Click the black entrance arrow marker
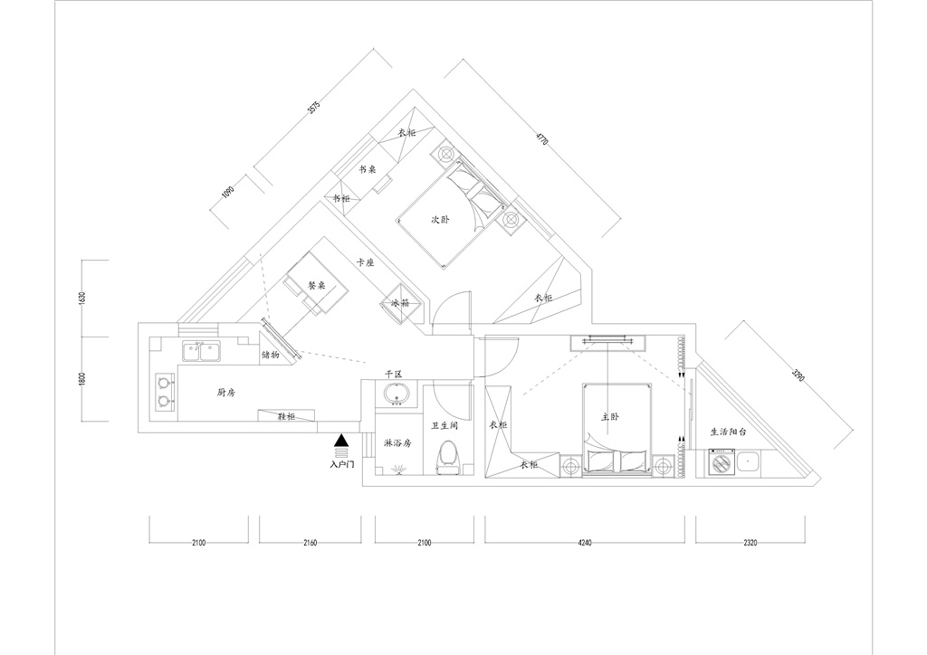click(341, 440)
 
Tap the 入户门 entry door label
click(341, 465)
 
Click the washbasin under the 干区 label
click(397, 394)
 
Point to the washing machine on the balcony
click(722, 462)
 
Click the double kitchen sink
click(201, 351)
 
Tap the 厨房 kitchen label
click(225, 392)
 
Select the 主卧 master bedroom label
click(610, 417)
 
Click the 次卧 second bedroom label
click(440, 220)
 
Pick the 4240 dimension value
click(584, 543)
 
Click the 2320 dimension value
click(750, 543)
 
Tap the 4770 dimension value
click(543, 140)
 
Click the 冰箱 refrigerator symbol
click(402, 302)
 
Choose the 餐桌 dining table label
click(317, 285)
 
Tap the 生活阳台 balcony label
click(729, 432)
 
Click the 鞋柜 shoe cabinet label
click(286, 416)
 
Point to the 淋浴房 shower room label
click(397, 443)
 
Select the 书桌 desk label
click(368, 169)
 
